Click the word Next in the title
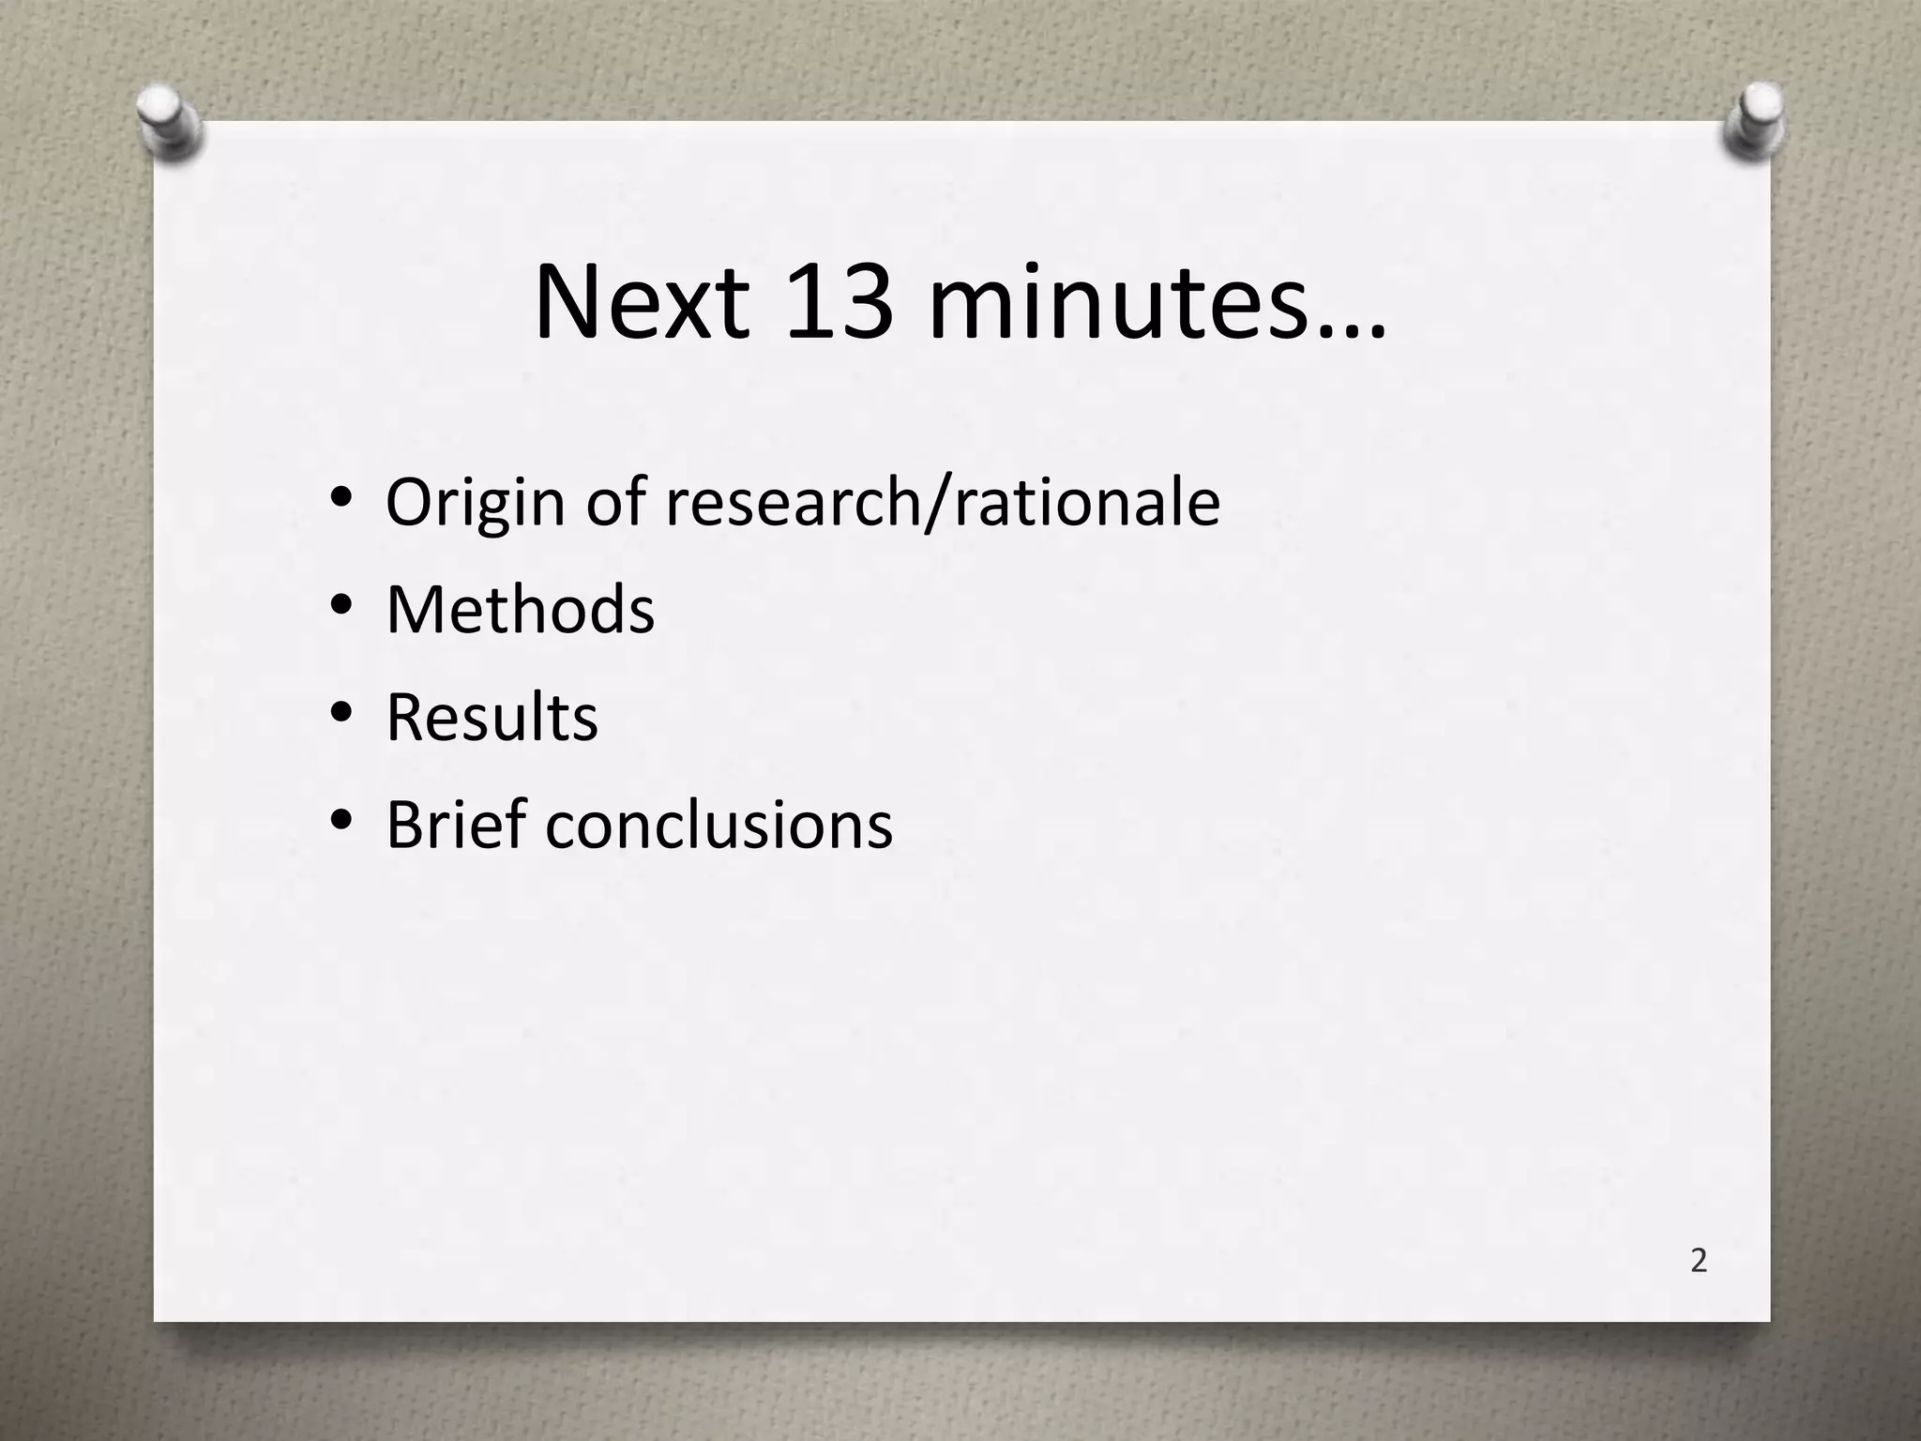pos(643,304)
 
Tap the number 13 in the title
pos(839,304)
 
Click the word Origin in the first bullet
pos(476,504)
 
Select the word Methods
pos(520,610)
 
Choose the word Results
pos(492,718)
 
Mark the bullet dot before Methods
pos(341,605)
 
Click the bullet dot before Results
pos(341,713)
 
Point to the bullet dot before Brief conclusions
pos(341,821)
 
